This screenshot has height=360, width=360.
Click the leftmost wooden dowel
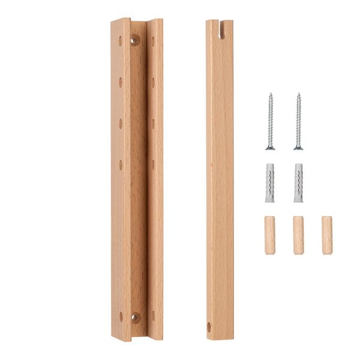point(270,235)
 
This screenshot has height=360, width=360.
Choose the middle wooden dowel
point(298,235)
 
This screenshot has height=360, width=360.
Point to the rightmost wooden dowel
point(326,235)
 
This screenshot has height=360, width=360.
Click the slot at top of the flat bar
point(220,29)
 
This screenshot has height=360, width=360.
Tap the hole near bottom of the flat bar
point(209,326)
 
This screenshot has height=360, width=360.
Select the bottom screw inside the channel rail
point(136,317)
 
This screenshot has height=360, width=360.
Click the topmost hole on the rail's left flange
point(120,41)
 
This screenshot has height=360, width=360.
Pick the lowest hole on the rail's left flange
point(121,316)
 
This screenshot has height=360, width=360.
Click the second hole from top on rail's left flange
point(120,81)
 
